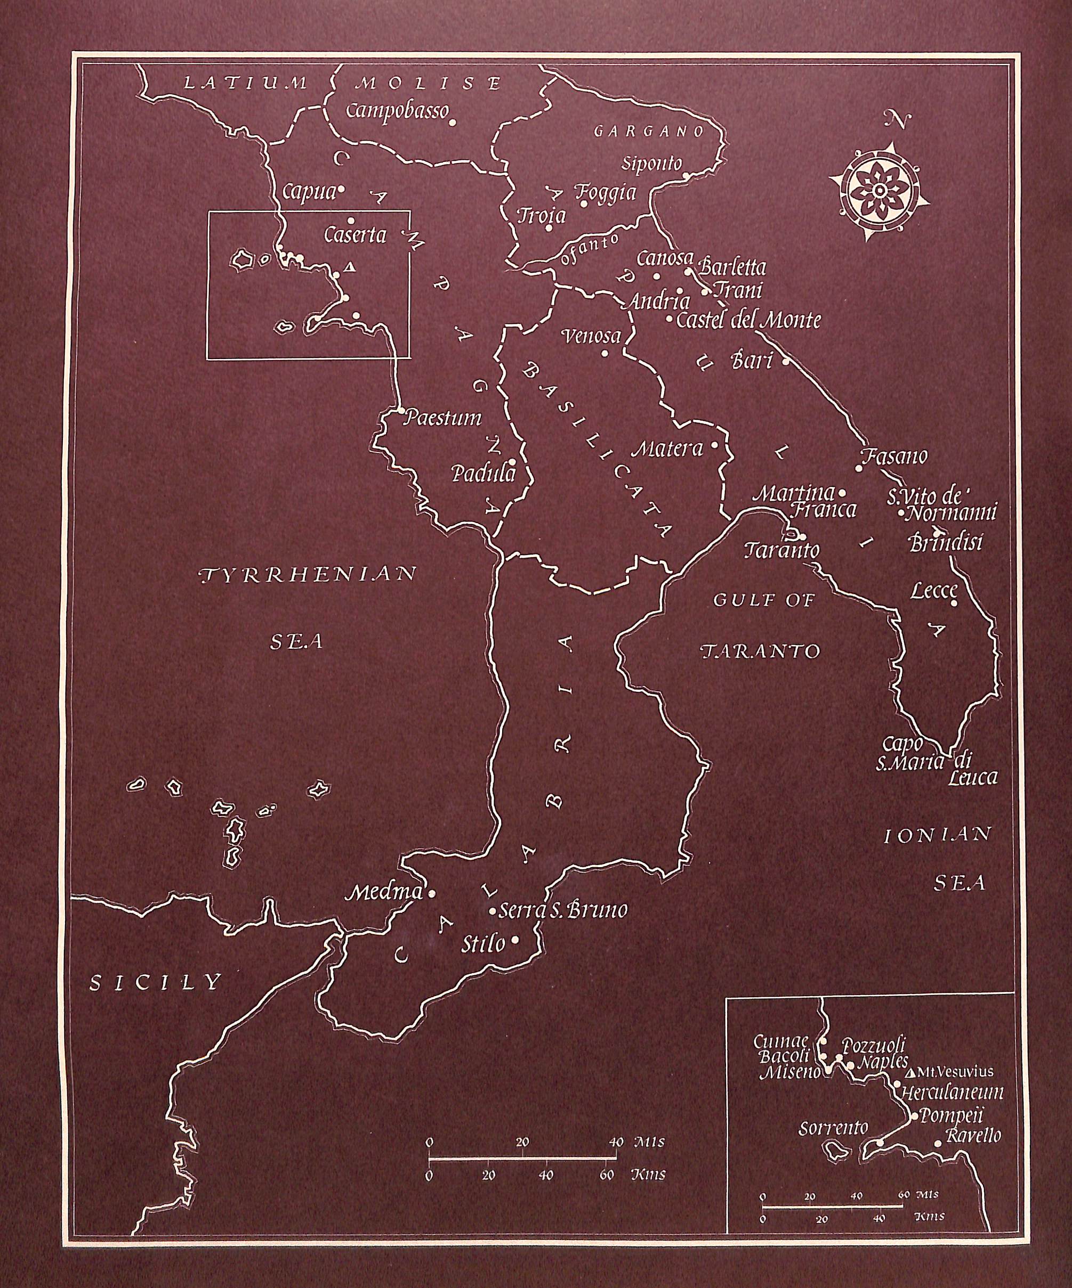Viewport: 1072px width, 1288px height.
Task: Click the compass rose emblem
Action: point(878,191)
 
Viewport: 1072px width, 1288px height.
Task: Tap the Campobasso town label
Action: point(398,112)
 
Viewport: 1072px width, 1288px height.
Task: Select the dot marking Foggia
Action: point(584,203)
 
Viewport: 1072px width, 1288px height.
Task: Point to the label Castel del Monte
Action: point(748,320)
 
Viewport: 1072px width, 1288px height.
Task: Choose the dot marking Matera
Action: point(714,445)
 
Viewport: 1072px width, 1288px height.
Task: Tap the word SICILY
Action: point(155,983)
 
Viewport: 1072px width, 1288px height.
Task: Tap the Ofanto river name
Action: point(589,248)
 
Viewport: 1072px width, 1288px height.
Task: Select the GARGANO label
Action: point(649,131)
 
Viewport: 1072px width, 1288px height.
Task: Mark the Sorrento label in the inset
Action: point(833,1127)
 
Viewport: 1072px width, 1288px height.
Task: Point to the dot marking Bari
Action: point(785,361)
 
